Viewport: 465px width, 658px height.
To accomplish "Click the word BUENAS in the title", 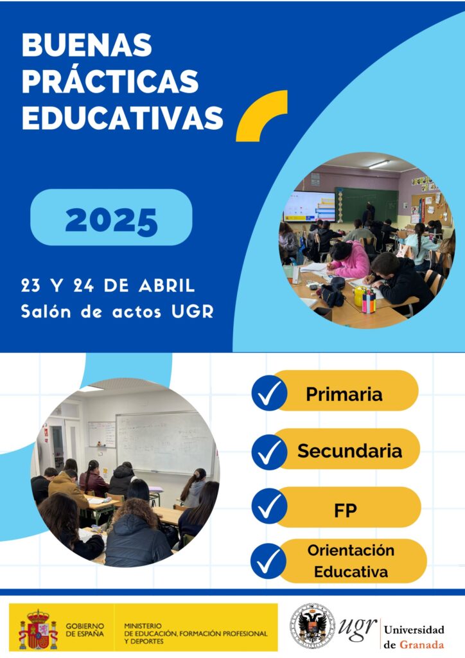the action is (x=87, y=44).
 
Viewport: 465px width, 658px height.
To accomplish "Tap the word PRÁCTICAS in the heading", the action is (x=110, y=82).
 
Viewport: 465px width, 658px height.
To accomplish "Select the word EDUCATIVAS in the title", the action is (x=123, y=118).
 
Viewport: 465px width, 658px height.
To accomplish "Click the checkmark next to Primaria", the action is (x=269, y=393).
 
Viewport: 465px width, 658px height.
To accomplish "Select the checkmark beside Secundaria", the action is (x=269, y=452).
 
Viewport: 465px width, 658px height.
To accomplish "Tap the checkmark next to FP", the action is (x=269, y=506).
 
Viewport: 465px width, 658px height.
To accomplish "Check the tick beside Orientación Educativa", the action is (x=268, y=561).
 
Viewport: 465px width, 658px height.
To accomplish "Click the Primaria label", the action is (x=344, y=394).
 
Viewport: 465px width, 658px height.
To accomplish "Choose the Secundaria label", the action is (x=349, y=451).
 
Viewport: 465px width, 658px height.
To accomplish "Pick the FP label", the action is (x=345, y=510).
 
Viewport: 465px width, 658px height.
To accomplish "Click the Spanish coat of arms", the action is (x=38, y=630).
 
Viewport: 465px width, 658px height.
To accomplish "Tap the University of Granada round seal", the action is (x=312, y=626).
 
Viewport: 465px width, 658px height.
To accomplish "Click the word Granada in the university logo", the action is (x=421, y=644).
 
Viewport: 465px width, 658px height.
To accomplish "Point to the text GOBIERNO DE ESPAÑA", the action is (x=85, y=630).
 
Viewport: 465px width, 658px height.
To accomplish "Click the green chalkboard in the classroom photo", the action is (x=367, y=204).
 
